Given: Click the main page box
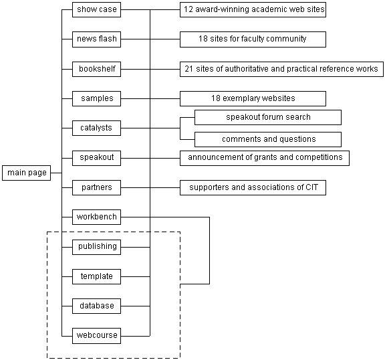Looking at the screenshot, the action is tap(27, 173).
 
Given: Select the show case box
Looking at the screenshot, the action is tap(96, 10).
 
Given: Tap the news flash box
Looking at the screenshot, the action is tap(96, 39).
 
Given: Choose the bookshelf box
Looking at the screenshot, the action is tap(96, 70).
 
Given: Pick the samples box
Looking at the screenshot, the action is tap(96, 99).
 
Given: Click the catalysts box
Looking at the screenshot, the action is tap(96, 128).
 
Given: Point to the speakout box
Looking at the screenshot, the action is tap(96, 158).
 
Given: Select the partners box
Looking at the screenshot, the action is tap(96, 188).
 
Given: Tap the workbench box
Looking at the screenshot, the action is tap(96, 217).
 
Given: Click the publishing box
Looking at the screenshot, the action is tap(96, 247).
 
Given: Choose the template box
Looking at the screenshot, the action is tap(96, 277).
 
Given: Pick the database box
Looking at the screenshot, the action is tap(96, 306).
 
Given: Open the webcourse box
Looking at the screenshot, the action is tap(96, 336).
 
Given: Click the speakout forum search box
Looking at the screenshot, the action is tap(268, 118).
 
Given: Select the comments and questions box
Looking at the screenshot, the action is tap(268, 140).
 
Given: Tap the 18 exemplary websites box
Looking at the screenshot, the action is tap(253, 99).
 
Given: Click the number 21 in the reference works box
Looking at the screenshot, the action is tap(188, 69).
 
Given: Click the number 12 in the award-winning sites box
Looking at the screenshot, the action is tap(188, 9).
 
